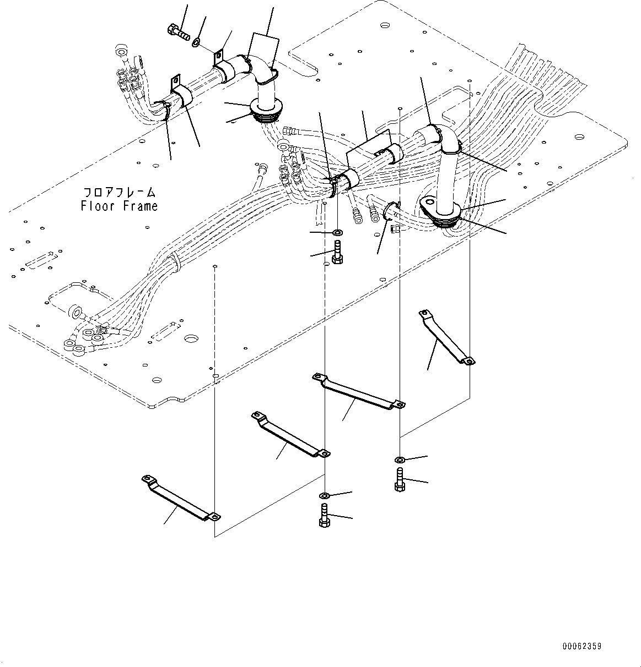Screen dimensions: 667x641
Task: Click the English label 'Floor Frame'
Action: click(x=119, y=206)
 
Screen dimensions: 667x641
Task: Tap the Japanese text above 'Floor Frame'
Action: click(x=119, y=193)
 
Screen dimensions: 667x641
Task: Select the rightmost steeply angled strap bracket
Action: click(x=446, y=337)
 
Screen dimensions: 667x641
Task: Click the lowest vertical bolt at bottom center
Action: click(x=324, y=516)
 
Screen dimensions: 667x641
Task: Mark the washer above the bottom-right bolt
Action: click(x=399, y=460)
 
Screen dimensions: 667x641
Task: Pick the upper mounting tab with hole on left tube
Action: click(x=218, y=56)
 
